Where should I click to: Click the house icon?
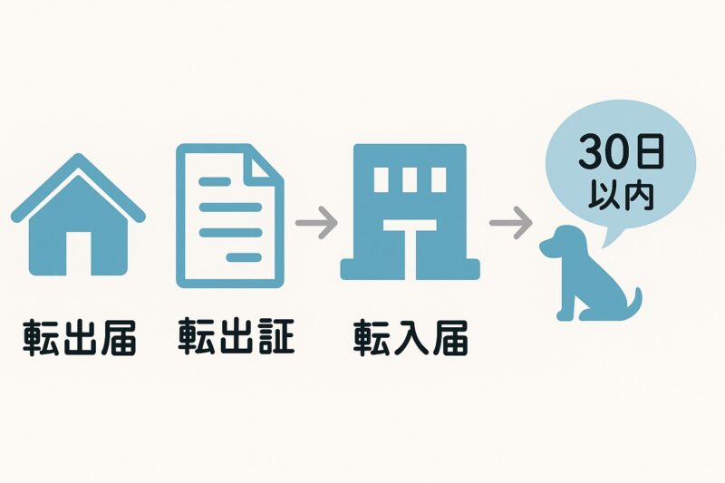[x=78, y=222]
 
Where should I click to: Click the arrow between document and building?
[x=316, y=222]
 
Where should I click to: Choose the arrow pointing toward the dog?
[x=509, y=222]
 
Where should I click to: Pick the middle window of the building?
[x=410, y=180]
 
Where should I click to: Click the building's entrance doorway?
[x=410, y=254]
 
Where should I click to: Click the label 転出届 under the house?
[x=78, y=337]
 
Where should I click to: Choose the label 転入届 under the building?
[x=410, y=337]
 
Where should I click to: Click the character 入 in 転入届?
[x=410, y=337]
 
